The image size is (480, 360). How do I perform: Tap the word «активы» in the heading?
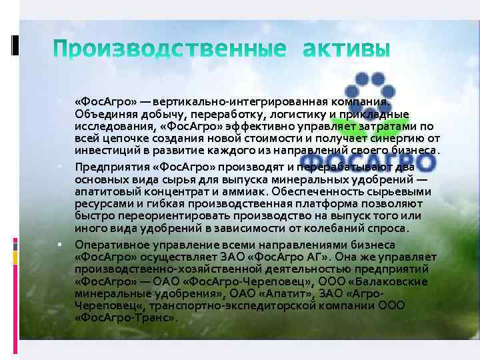point(343,49)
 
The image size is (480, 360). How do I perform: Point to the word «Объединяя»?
point(101,114)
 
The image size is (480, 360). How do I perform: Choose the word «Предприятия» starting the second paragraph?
point(107,167)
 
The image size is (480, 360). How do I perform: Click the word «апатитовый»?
point(104,191)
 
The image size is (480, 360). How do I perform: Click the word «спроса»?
point(389,227)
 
